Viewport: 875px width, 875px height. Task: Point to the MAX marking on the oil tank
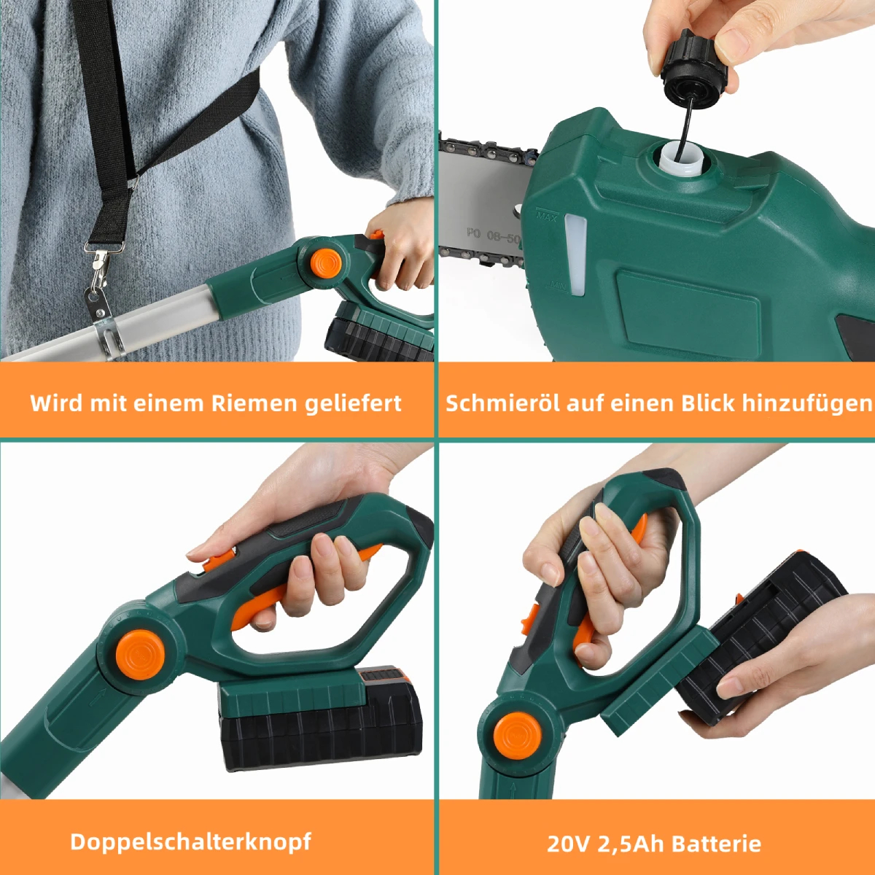546,215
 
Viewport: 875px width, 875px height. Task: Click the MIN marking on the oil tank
559,284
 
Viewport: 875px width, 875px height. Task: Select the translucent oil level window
575,255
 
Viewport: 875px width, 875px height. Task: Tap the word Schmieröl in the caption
503,402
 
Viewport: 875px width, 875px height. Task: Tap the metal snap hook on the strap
101,268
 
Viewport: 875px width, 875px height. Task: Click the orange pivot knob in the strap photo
326,263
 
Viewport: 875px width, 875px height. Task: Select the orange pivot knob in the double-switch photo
140,654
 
